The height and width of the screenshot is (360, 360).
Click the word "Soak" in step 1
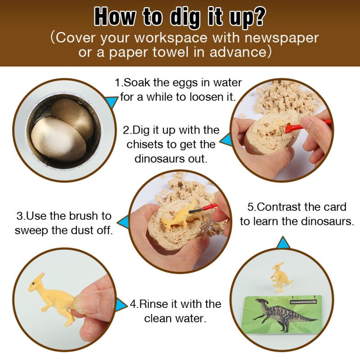click(137, 83)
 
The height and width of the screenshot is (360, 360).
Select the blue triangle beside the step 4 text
click(121, 305)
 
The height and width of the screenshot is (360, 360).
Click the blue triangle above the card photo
click(283, 243)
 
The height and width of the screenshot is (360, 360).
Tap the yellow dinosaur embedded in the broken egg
click(178, 218)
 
